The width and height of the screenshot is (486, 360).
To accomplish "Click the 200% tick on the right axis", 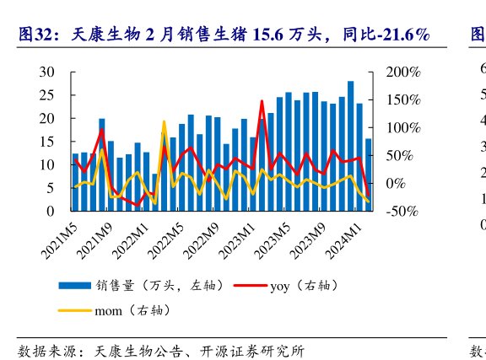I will pyautogui.click(x=402, y=73).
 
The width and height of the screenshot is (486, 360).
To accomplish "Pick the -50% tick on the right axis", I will pyautogui.click(x=402, y=211).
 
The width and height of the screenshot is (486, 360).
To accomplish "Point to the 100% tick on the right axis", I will pyautogui.click(x=402, y=128).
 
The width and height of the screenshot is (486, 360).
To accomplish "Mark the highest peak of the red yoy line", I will pyautogui.click(x=262, y=101).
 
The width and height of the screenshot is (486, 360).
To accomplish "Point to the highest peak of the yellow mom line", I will pyautogui.click(x=164, y=122).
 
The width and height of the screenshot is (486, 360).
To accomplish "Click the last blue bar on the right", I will pyautogui.click(x=369, y=175).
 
